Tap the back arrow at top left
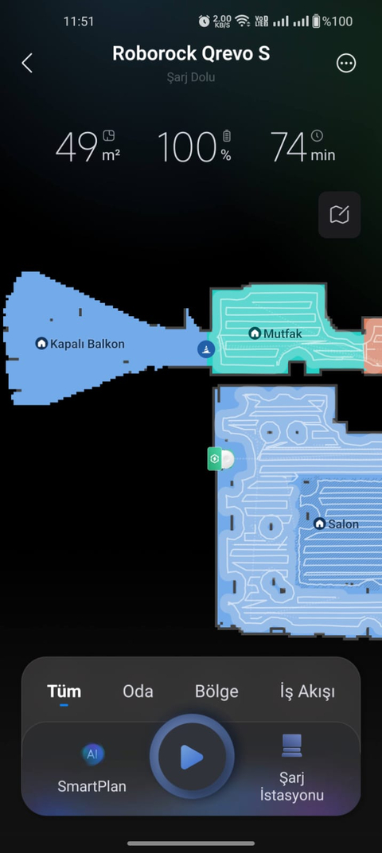coord(27,63)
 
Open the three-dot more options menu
coord(347,64)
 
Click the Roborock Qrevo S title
coord(191,53)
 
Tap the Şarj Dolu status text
coord(191,77)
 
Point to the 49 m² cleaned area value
coord(88,146)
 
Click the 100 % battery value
coord(194,146)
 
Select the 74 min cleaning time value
coord(302,146)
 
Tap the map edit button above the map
coord(340,215)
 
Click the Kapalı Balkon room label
coord(80,344)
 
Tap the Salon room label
coord(337,524)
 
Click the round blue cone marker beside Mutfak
coord(205,349)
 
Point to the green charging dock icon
coord(214,459)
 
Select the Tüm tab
coord(64,691)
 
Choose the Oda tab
coord(138,691)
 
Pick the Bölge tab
coord(216,691)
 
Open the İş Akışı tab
coord(307,691)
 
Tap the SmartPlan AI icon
coord(92,754)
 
